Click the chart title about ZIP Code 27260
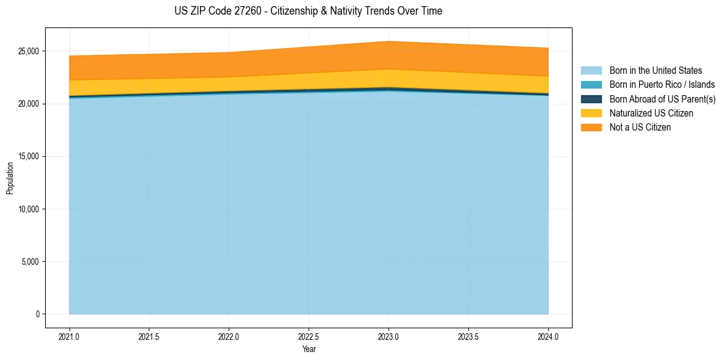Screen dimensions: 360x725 [308, 11]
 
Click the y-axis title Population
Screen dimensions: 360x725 [10, 178]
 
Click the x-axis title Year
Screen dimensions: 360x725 [309, 349]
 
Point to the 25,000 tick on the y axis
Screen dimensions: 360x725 [28, 51]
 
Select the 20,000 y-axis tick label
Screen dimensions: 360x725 [28, 104]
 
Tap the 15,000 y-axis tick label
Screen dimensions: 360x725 [28, 156]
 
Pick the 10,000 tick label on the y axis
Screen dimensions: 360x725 [28, 209]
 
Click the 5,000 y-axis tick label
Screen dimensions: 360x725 [30, 262]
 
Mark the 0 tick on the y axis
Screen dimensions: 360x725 [37, 314]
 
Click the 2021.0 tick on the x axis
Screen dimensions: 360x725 [70, 336]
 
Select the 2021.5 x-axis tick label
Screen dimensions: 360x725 [149, 336]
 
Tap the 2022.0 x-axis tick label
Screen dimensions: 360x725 [229, 336]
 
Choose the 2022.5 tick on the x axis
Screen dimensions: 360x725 [309, 336]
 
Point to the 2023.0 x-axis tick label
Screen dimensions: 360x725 [388, 336]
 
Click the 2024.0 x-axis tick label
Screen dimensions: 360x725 [548, 336]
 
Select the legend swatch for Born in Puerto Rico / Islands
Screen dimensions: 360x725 [591, 85]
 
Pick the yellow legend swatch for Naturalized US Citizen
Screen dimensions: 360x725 [591, 113]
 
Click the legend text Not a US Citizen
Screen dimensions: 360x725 [640, 127]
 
